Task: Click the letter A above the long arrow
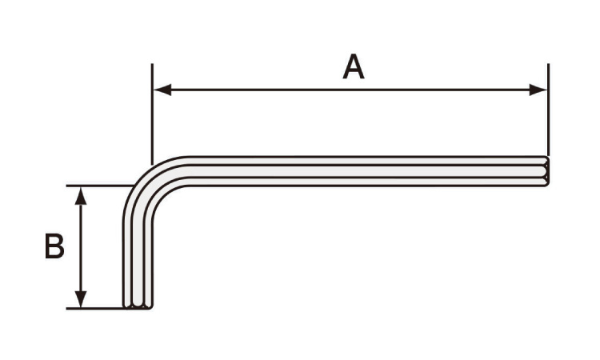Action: point(353,67)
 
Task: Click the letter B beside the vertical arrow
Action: point(54,246)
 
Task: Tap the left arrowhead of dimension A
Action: point(162,90)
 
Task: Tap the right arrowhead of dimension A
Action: point(538,90)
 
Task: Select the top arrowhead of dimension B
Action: point(80,196)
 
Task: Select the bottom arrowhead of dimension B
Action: point(80,299)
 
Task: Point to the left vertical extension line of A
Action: point(152,114)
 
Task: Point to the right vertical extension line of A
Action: point(548,110)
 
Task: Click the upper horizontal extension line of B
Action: point(100,186)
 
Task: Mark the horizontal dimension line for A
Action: point(350,90)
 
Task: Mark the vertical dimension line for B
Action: point(80,247)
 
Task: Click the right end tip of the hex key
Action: point(548,171)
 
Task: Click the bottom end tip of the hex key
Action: point(138,307)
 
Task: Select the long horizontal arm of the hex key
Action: point(367,171)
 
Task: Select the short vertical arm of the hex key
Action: point(138,264)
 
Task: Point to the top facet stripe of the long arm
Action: point(367,161)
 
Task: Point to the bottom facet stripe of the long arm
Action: point(367,182)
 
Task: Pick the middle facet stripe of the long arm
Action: point(367,171)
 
